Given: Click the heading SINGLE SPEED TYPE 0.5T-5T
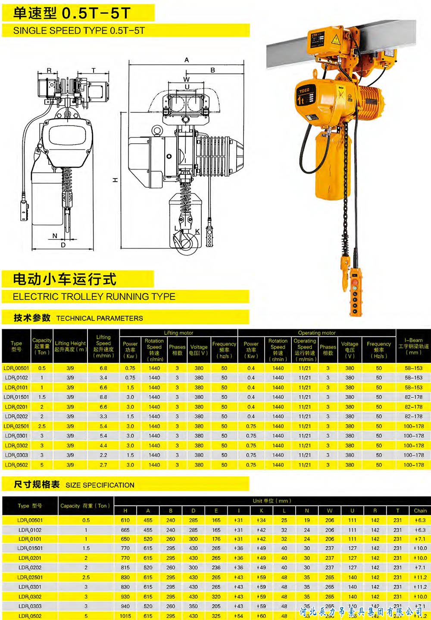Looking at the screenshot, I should (79, 31).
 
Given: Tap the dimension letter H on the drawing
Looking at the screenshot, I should (115, 180).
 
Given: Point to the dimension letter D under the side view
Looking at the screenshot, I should (63, 245).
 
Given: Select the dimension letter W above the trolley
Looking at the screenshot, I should (186, 79).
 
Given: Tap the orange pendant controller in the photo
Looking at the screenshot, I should (356, 290).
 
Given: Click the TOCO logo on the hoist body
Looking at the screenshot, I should (304, 91).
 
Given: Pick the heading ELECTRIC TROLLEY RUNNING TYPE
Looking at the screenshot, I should (94, 297).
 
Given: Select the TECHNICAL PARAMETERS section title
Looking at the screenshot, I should (100, 318).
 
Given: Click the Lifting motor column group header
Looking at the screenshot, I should (178, 333).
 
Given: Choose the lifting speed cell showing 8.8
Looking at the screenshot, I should (103, 397).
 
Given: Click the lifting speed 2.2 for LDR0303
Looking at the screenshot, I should (103, 455).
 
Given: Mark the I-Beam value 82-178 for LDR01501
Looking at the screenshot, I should (413, 397).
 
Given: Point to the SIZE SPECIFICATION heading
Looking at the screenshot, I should (100, 485).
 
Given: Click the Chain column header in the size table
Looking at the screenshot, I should (420, 510).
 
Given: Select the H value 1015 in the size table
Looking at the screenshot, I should (125, 616).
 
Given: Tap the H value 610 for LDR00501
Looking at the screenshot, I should (125, 520).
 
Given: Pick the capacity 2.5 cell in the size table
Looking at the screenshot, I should (86, 577).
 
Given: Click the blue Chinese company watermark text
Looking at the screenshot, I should (361, 611).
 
